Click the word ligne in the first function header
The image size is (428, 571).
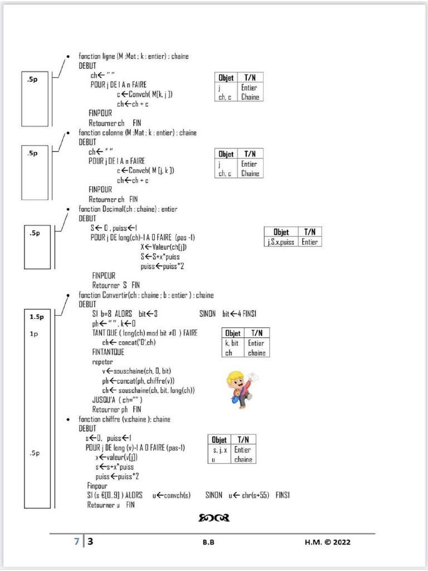(x=109, y=56)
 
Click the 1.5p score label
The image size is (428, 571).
(x=37, y=317)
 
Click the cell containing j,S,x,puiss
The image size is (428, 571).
(x=281, y=242)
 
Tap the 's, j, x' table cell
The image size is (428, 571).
(x=220, y=449)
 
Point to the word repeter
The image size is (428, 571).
(x=103, y=362)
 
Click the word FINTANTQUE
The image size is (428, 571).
(x=108, y=352)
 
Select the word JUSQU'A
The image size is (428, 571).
(x=104, y=400)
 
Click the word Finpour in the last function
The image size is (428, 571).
(x=97, y=486)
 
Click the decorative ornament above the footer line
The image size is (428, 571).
(x=214, y=519)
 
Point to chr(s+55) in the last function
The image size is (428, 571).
(x=253, y=495)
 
